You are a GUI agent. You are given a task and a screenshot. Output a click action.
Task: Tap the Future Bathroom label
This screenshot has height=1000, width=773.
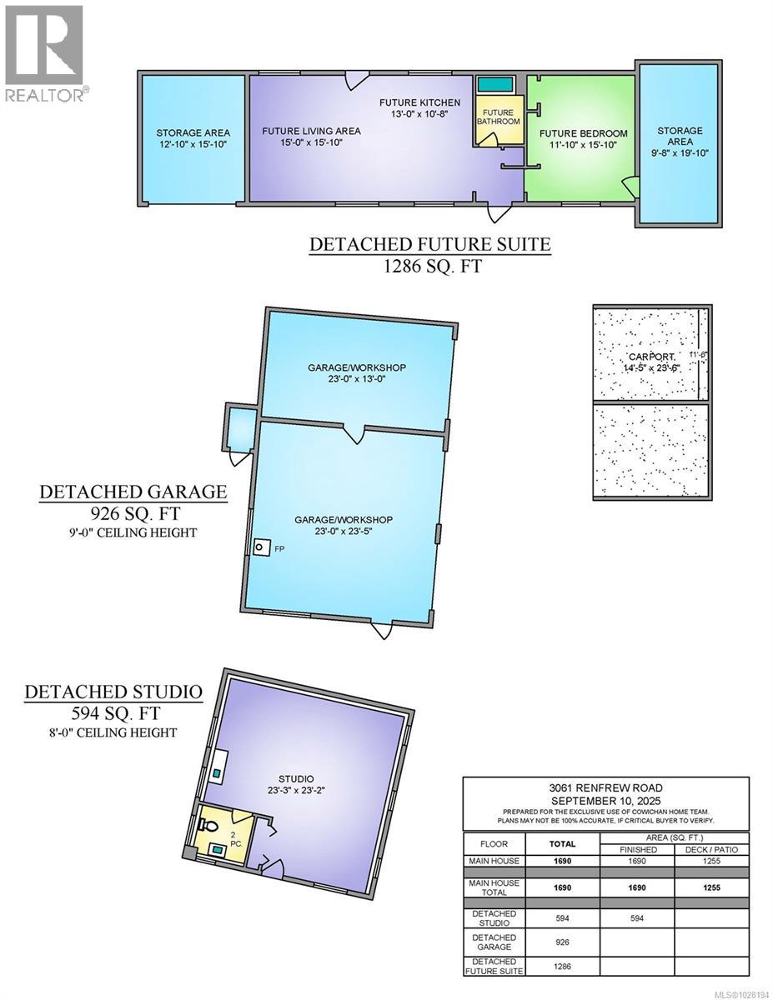click(x=498, y=117)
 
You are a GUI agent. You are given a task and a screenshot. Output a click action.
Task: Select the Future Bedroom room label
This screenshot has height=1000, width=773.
click(x=583, y=133)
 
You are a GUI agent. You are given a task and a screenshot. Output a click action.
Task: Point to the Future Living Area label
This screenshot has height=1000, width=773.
click(x=311, y=131)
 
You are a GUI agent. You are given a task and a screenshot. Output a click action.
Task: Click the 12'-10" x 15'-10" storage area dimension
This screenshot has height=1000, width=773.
click(x=193, y=144)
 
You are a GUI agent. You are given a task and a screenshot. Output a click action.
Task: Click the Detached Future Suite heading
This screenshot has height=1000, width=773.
click(x=429, y=244)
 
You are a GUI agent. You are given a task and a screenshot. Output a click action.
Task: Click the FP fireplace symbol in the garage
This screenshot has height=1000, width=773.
click(x=262, y=547)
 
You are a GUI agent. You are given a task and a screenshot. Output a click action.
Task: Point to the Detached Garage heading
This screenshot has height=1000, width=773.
click(x=133, y=492)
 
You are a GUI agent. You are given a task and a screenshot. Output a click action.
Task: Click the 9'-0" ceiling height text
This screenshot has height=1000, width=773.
click(x=133, y=532)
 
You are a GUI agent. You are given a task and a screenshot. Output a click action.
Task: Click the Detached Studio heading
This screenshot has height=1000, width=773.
click(x=113, y=691)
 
